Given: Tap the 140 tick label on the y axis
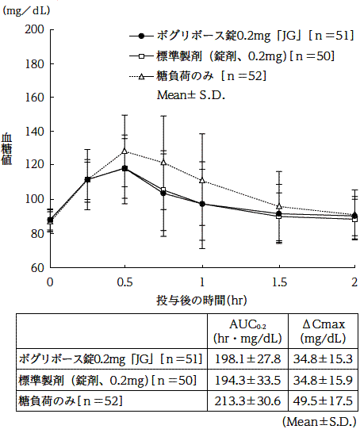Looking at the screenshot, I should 35,132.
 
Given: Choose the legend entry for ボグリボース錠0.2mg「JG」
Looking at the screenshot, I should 238,36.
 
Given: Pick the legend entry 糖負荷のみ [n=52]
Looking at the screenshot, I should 206,76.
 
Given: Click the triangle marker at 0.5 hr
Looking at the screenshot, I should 125,151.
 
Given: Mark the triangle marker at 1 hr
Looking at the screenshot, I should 202,180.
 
